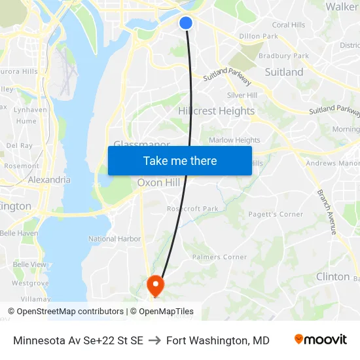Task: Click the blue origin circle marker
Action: (x=185, y=23)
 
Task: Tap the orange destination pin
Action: (x=155, y=284)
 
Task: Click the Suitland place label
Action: (x=283, y=72)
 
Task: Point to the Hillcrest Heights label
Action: (x=216, y=111)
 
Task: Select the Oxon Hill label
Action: (x=158, y=183)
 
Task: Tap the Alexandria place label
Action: (x=49, y=179)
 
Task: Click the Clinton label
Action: (x=333, y=277)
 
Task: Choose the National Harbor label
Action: (x=115, y=239)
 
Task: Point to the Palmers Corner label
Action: (x=219, y=257)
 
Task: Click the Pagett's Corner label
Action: (x=276, y=214)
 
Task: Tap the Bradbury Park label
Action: (x=283, y=56)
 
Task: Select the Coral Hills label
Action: (x=289, y=25)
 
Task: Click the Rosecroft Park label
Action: (x=192, y=209)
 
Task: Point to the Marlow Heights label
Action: (x=234, y=140)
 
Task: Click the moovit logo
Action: (x=320, y=340)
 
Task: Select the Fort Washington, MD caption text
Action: (x=217, y=340)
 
